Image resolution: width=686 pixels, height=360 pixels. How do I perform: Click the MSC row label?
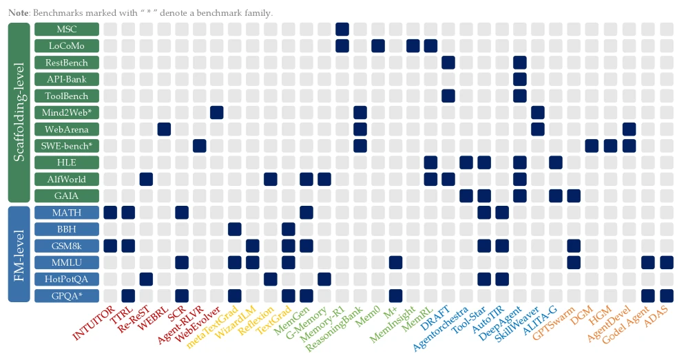tap(67, 30)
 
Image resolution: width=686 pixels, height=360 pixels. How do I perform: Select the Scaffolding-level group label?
tap(19, 112)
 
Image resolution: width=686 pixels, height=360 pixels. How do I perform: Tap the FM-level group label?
tap(19, 254)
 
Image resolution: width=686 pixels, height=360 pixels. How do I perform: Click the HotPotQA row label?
tap(67, 279)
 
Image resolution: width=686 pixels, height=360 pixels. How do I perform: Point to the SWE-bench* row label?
tap(67, 146)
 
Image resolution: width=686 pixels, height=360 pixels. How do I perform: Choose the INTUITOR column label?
tap(94, 324)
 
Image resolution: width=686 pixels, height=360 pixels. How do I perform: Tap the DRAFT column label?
tap(435, 318)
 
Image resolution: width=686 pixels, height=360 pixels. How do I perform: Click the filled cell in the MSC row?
tap(342, 30)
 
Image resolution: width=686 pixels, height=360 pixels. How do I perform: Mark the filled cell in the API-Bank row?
tap(520, 79)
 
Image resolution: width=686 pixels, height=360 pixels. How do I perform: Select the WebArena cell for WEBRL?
tap(164, 129)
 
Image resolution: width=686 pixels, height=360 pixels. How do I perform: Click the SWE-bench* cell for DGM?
tap(592, 146)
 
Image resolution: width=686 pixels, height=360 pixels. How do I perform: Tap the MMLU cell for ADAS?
tap(666, 262)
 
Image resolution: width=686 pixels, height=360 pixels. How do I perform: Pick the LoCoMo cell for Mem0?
tap(378, 46)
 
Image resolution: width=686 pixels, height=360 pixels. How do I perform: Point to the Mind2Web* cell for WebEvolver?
tap(217, 112)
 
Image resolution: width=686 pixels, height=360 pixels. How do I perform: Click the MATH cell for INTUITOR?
tap(110, 213)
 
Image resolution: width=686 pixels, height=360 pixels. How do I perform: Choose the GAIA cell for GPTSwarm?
tap(574, 195)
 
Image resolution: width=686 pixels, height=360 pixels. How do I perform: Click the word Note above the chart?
tap(19, 13)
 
